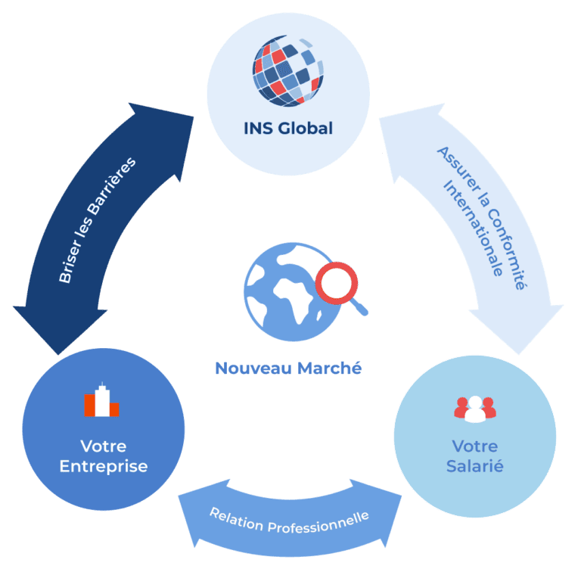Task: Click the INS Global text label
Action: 288,128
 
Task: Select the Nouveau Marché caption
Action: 287,368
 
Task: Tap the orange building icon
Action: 101,402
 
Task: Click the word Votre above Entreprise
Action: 103,446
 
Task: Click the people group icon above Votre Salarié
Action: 474,409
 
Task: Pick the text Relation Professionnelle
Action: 289,521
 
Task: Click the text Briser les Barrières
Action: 97,220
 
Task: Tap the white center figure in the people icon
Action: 474,411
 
